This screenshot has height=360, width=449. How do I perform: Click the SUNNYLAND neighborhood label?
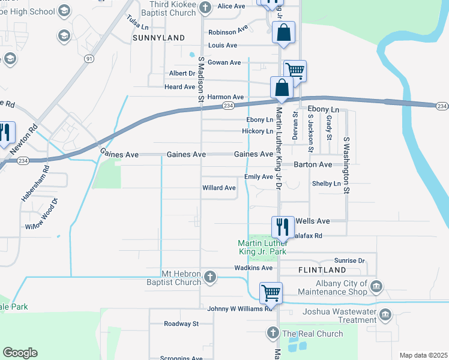[x=158, y=38]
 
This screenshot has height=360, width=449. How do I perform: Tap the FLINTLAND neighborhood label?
[x=322, y=271]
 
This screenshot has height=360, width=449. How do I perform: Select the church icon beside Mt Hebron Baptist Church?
[x=209, y=277]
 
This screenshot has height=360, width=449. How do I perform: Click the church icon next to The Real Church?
[x=272, y=333]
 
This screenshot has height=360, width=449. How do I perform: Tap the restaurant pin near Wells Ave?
[x=283, y=226]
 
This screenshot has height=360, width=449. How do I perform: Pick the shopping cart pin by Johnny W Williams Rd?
[x=271, y=293]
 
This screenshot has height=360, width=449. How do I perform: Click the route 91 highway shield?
[x=89, y=58]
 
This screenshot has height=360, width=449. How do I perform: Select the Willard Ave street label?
[x=219, y=188]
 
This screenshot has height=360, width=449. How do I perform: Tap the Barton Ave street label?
[x=312, y=164]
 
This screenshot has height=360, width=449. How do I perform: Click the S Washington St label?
[x=346, y=164]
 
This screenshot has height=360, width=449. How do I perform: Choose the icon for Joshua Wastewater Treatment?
[x=385, y=314]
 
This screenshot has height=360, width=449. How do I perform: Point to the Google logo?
[x=20, y=353]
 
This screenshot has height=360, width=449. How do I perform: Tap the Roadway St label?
[x=181, y=323]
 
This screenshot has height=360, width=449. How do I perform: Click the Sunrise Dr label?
[x=349, y=261]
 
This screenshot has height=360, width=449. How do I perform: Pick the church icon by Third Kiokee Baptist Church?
[x=206, y=7]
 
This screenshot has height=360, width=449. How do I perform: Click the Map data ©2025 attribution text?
[x=423, y=355]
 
